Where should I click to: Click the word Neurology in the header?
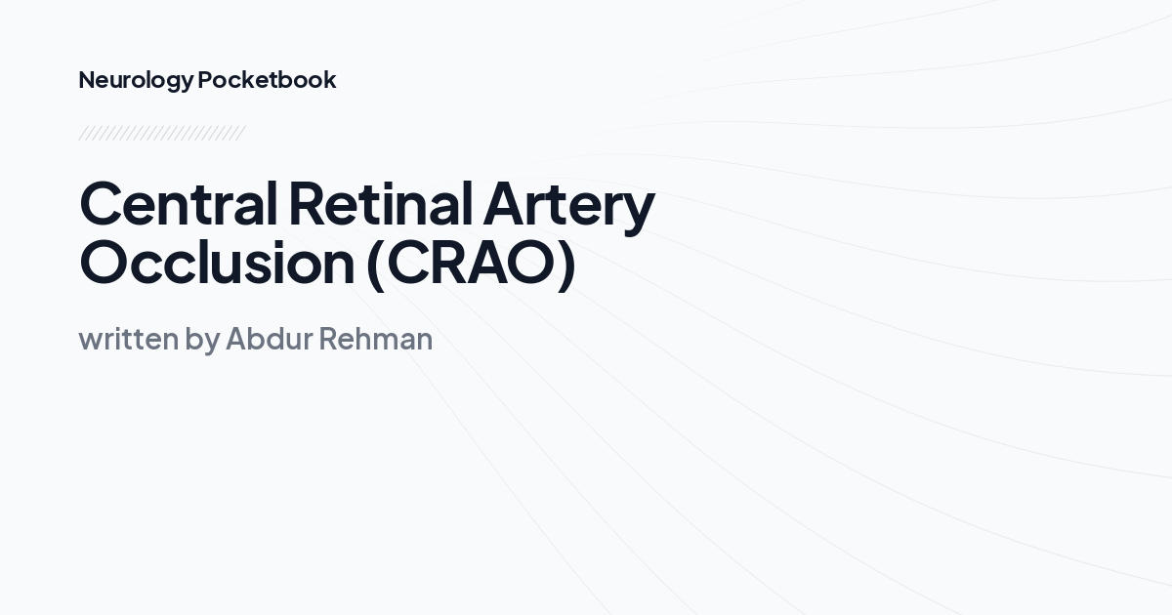coord(136,80)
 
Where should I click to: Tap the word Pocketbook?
coord(267,80)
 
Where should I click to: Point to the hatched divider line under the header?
coord(161,133)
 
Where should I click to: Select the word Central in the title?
coord(179,204)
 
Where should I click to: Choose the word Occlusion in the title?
coord(216,263)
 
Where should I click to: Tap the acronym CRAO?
coord(471,263)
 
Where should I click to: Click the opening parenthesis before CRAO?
coord(376,264)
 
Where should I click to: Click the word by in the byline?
coord(202,341)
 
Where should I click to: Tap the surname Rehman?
coord(374,339)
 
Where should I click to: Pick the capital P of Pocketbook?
coord(205,80)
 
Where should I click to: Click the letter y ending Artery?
coord(638,211)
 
